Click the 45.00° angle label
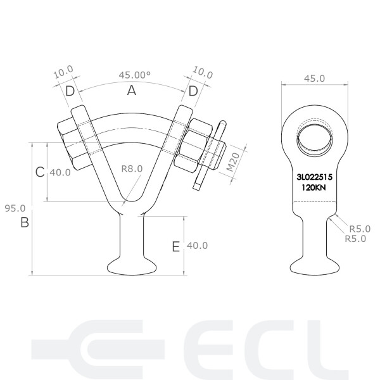[x=134, y=75]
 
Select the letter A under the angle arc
[x=132, y=91]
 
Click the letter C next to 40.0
[x=39, y=172]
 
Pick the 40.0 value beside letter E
[x=197, y=245]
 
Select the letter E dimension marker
[x=176, y=246]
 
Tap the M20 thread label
[x=232, y=163]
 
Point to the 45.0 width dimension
[x=314, y=78]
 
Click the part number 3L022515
[x=315, y=178]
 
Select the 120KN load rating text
[x=315, y=188]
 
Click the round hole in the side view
[x=314, y=137]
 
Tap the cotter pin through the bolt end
[x=210, y=155]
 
